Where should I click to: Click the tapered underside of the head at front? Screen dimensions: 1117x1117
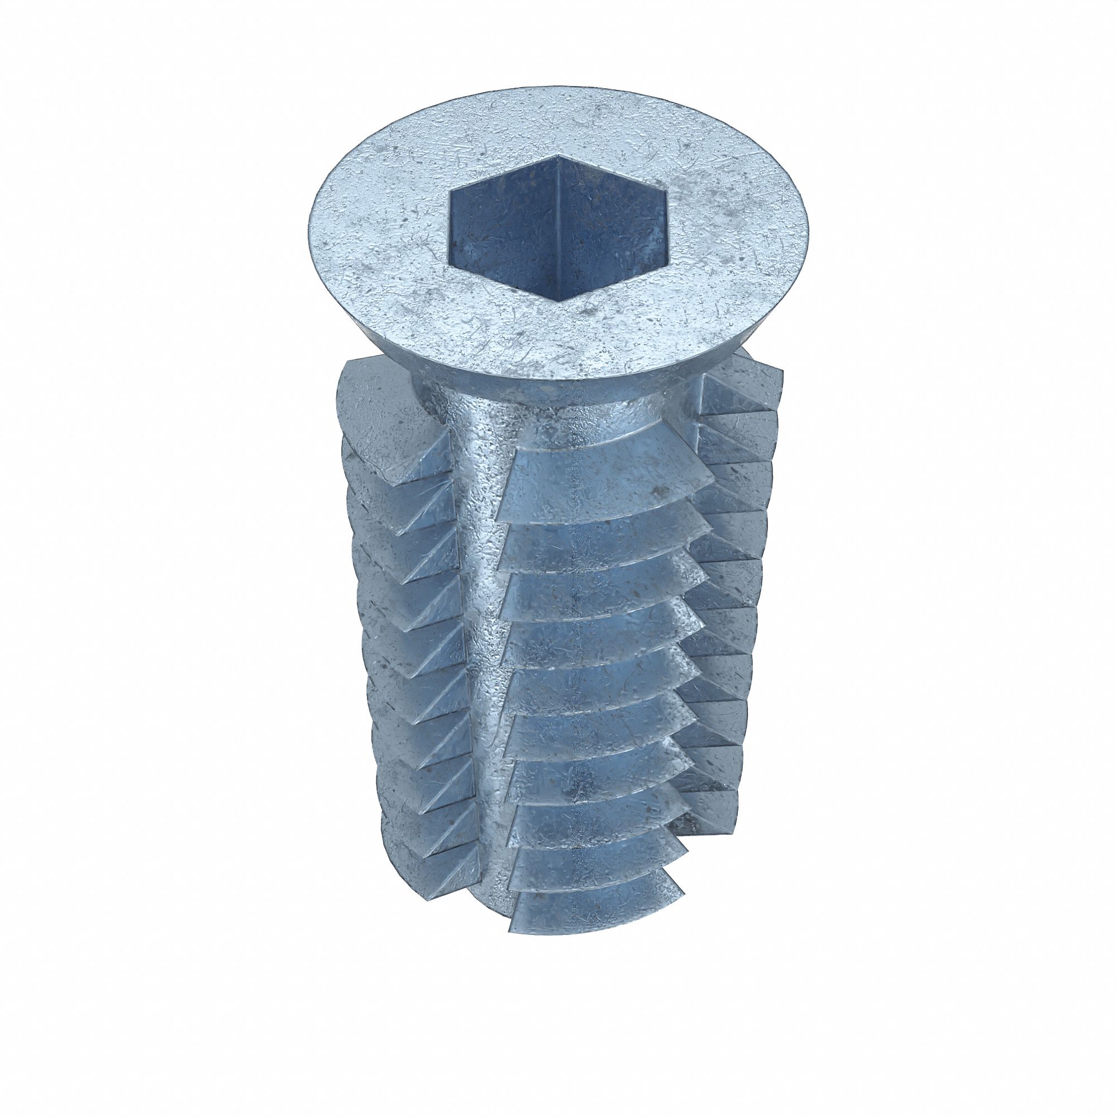(578, 396)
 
